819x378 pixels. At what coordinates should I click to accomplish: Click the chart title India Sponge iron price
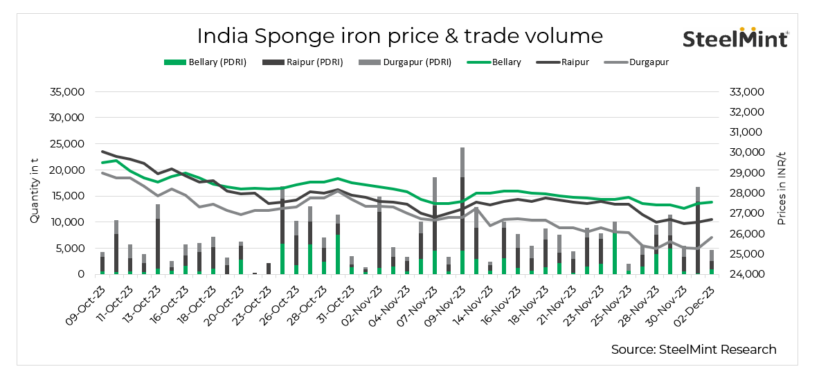(x=399, y=35)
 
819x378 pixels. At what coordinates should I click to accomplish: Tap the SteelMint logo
(x=735, y=38)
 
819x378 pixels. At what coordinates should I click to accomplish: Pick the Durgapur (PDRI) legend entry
(x=405, y=62)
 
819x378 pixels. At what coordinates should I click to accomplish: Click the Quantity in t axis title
(x=34, y=183)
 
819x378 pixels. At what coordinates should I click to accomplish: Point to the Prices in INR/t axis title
(x=781, y=183)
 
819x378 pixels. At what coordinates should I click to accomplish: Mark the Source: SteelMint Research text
(x=693, y=350)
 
